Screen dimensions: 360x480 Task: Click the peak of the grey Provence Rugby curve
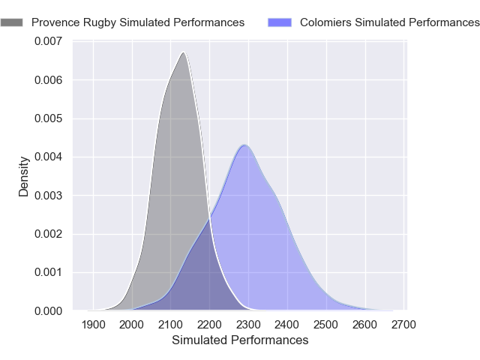coord(182,52)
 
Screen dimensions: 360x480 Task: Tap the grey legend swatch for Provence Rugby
coord(11,22)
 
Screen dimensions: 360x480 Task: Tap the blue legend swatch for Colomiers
coord(280,22)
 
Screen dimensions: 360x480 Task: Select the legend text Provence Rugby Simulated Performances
coord(138,22)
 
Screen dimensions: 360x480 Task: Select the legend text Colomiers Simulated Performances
coord(389,22)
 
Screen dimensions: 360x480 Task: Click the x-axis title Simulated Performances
coord(240,340)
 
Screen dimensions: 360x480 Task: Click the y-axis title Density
coord(24,176)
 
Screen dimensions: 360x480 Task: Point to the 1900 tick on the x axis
coord(93,325)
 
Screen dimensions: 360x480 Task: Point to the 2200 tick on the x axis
coord(210,325)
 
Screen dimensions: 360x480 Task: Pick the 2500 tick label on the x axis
coord(327,325)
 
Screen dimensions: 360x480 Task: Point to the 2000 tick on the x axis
coord(132,325)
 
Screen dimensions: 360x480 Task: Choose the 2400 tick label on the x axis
coord(288,325)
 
